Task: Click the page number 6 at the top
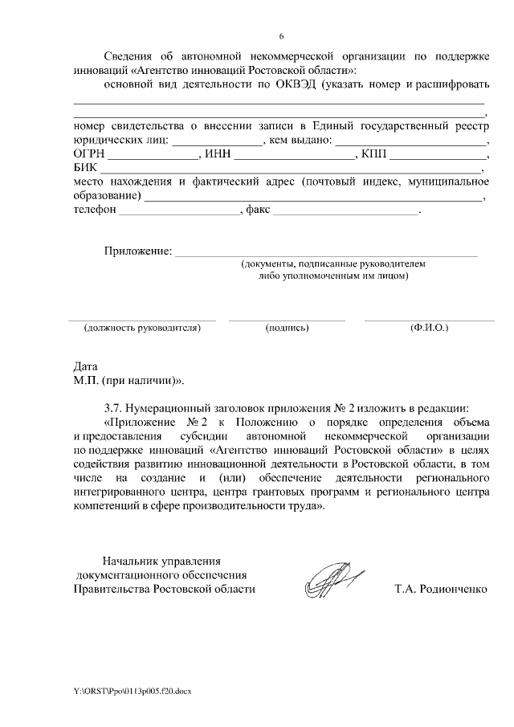(281, 37)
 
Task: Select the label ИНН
(217, 154)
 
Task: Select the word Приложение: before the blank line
(137, 251)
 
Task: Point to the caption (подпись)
(287, 329)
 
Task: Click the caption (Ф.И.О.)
(429, 329)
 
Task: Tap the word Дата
(84, 366)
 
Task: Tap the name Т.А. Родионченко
(441, 589)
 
